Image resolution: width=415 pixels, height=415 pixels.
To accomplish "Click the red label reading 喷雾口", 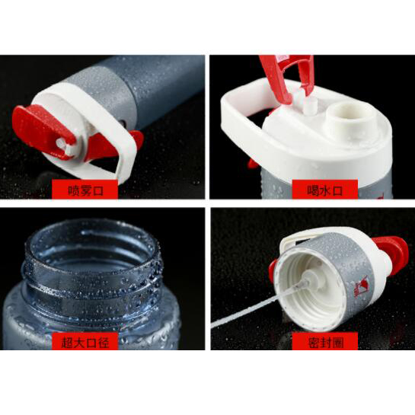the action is point(85,189).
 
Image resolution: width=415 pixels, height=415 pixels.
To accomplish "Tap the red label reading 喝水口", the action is point(324,189).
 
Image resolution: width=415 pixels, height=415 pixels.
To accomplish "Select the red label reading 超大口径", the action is point(85,341).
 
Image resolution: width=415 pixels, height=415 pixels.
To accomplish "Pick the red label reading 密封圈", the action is point(324,341).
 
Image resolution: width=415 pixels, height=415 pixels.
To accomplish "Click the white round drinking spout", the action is point(346,115).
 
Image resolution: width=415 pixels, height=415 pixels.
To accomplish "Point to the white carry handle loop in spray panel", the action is point(124,148).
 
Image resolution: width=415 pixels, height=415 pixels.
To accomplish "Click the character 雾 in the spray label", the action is point(85,190).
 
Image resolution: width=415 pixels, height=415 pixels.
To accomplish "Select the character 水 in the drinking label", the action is point(324,190).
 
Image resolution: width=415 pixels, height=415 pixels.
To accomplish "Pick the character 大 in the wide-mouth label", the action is point(78,342).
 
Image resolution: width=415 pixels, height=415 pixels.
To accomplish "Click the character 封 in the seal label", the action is point(324,342).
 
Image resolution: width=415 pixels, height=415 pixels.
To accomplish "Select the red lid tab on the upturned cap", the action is point(390,254).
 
